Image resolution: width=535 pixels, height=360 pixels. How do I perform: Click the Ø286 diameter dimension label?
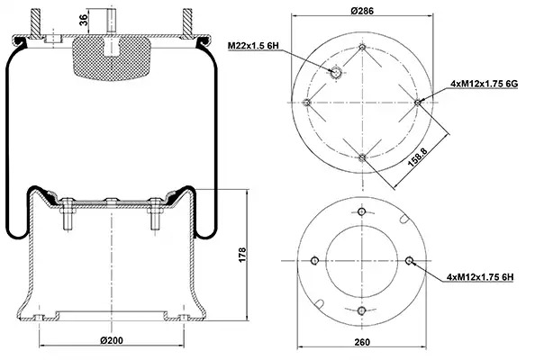362,11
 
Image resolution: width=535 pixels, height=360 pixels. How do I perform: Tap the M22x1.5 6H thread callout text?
253,45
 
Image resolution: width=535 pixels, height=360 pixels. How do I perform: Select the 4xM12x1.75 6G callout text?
485,83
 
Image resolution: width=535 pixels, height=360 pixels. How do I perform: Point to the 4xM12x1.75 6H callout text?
480,277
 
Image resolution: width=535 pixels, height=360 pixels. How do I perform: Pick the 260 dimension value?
362,342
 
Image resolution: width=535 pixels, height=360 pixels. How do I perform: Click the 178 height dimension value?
242,255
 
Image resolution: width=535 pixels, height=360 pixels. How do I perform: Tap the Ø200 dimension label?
112,340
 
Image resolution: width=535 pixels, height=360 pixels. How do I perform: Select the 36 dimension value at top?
84,20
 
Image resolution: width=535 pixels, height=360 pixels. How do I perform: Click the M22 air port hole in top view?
336,72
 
